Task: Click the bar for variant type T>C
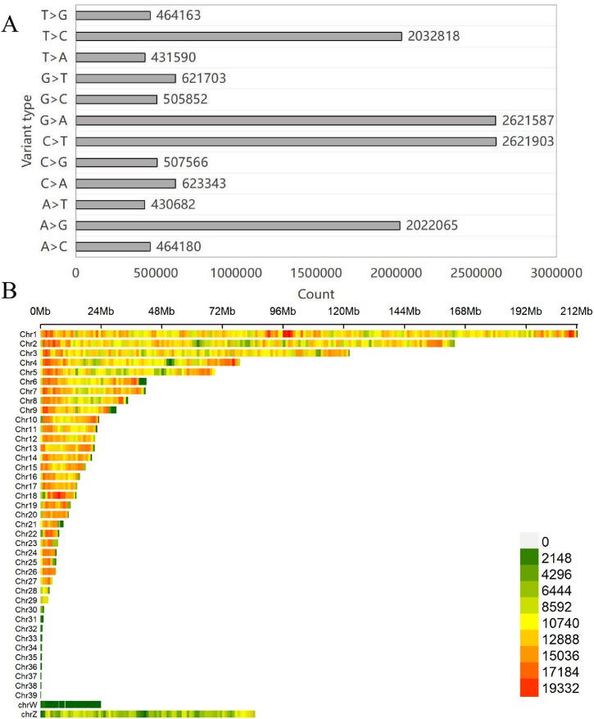click(x=238, y=36)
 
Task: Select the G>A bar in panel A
click(x=286, y=121)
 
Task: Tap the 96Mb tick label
click(x=283, y=312)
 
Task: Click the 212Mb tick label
click(x=576, y=312)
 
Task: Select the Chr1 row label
click(x=27, y=334)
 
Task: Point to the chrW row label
click(x=27, y=704)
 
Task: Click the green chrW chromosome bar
click(x=70, y=704)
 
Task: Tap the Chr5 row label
click(x=27, y=372)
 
